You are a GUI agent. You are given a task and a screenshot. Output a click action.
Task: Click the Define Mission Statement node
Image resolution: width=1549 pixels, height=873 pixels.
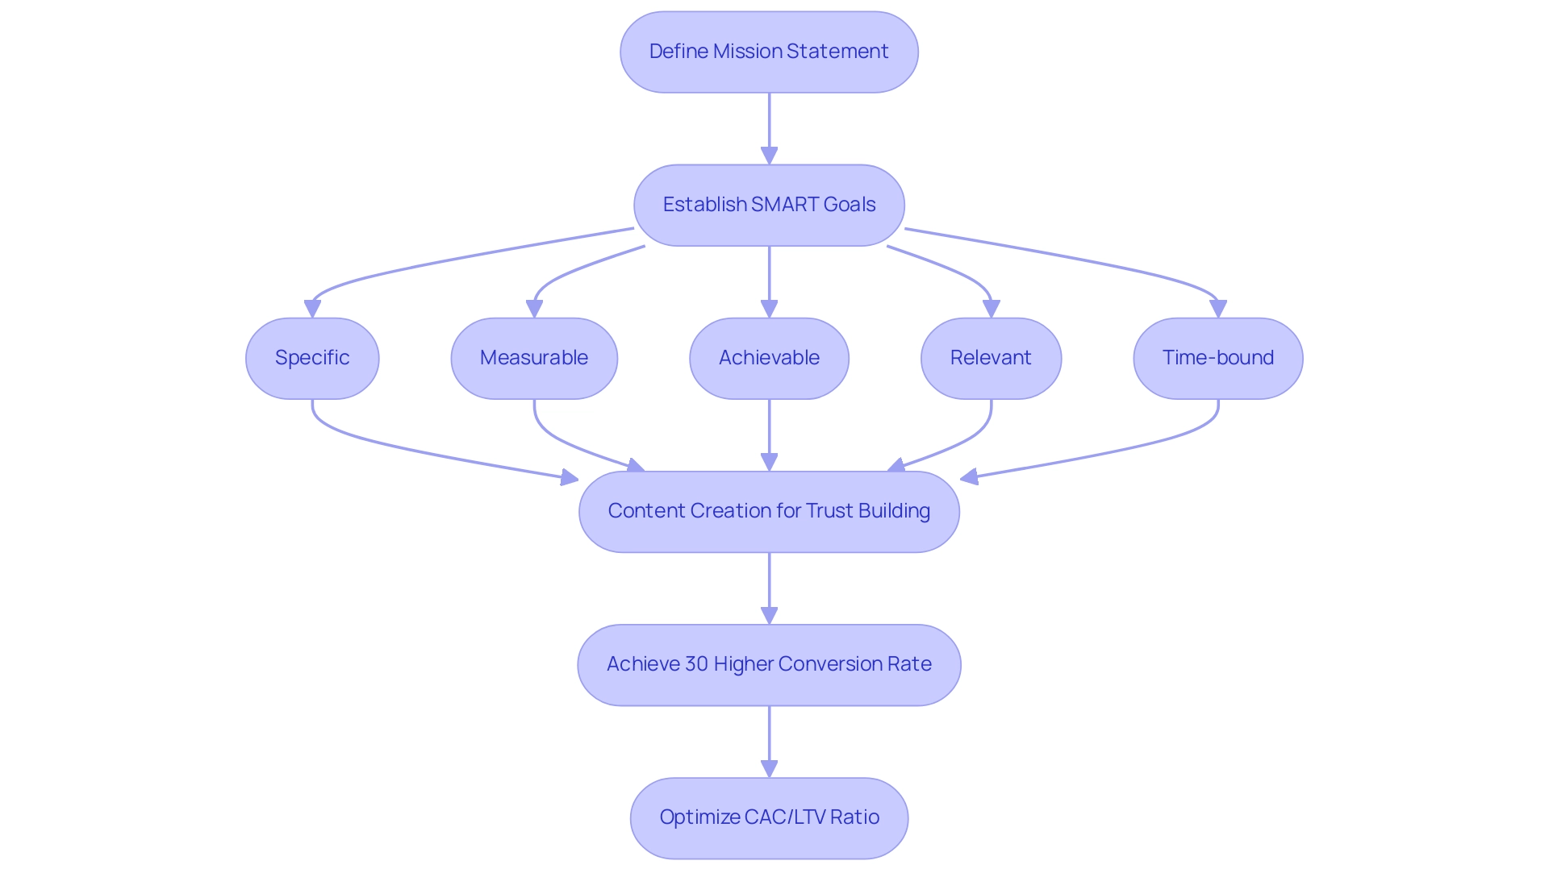click(x=769, y=52)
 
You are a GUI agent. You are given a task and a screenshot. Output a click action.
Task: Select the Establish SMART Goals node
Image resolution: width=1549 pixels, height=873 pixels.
click(x=769, y=205)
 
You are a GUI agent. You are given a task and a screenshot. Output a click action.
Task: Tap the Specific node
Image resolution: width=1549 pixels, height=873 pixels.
click(x=312, y=358)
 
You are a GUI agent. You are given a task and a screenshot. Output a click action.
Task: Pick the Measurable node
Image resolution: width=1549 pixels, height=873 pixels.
click(x=534, y=358)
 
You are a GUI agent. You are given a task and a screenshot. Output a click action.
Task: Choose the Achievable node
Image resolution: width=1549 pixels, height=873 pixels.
click(x=769, y=358)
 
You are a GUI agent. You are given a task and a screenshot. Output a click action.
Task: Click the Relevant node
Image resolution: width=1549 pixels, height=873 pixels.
click(x=991, y=358)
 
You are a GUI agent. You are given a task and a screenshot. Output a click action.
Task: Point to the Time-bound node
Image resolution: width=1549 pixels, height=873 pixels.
click(x=1217, y=358)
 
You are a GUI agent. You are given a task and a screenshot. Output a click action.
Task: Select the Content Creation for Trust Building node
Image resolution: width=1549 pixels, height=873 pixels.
click(x=769, y=511)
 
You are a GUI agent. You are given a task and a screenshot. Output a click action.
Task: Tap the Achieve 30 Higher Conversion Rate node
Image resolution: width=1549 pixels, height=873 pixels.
click(x=769, y=664)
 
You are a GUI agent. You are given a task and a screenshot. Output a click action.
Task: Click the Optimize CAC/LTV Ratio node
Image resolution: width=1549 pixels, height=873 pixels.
click(x=769, y=817)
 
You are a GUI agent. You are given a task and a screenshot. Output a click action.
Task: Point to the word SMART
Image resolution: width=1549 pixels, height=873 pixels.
click(x=779, y=205)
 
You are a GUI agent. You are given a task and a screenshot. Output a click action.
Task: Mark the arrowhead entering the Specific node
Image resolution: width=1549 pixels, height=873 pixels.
click(x=312, y=309)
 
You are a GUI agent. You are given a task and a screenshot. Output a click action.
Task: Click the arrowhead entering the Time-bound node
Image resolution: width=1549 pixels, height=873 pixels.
click(x=1217, y=309)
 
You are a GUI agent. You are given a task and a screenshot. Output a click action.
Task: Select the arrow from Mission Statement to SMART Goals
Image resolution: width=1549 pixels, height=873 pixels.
click(x=769, y=125)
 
